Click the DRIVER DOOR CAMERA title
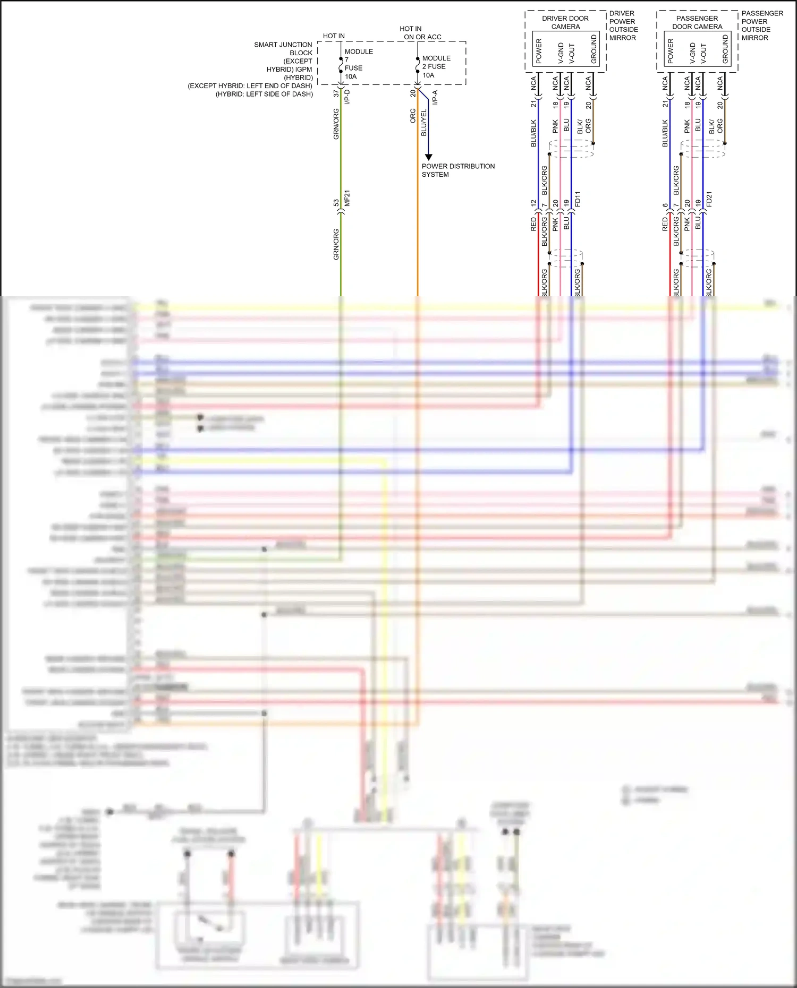point(565,22)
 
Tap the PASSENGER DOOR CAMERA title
point(697,22)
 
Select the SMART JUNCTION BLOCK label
point(283,49)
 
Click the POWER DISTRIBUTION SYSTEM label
point(457,170)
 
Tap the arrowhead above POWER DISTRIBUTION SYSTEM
point(428,157)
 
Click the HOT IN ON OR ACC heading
point(422,33)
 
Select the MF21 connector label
point(347,199)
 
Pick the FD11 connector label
point(578,199)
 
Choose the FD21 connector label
point(709,200)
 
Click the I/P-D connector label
point(347,97)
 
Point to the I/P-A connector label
point(435,97)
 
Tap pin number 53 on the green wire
point(336,203)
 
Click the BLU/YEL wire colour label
point(423,123)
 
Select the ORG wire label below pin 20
point(413,116)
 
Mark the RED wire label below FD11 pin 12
point(533,224)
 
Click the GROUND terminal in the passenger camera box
point(725,49)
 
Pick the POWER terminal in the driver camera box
point(539,51)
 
